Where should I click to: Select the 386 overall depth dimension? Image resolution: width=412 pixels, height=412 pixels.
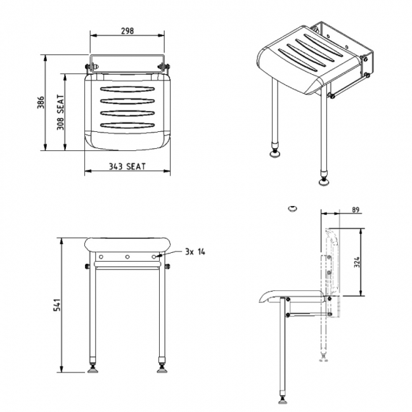pyautogui.click(x=39, y=103)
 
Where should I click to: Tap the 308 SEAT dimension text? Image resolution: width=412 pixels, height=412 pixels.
pyautogui.click(x=61, y=112)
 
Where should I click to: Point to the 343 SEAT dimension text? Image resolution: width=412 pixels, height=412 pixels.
pyautogui.click(x=127, y=166)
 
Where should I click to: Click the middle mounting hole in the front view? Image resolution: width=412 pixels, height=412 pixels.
pyautogui.click(x=127, y=257)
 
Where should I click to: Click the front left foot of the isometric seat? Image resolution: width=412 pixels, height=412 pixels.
pyautogui.click(x=276, y=152)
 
